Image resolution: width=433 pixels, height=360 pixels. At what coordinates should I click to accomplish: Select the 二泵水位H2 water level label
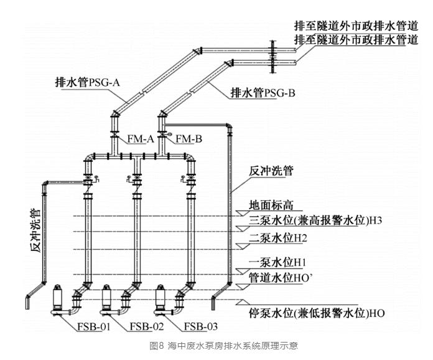pyautogui.click(x=278, y=238)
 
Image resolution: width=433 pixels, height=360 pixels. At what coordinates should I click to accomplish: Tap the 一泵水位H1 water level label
pyautogui.click(x=278, y=262)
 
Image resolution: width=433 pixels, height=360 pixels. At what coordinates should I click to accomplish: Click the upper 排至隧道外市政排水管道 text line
pyautogui.click(x=356, y=26)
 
